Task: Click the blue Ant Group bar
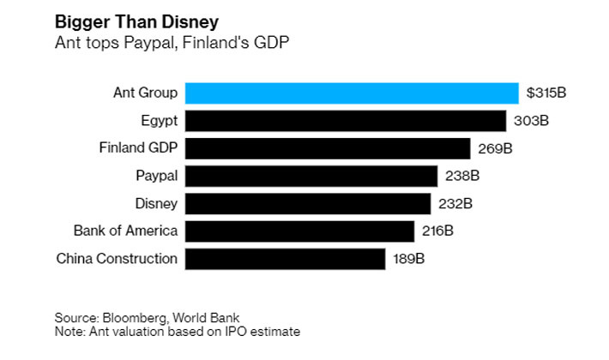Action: [352, 93]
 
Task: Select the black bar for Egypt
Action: [346, 120]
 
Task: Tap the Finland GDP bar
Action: [328, 147]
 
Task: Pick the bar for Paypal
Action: [311, 176]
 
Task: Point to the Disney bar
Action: [308, 203]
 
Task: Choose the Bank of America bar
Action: [300, 231]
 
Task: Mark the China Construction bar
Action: [285, 258]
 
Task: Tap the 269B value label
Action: [495, 148]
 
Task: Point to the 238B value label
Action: [461, 176]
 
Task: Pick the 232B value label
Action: [455, 203]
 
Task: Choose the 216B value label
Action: [437, 231]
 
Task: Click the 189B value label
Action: [408, 258]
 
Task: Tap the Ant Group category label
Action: [145, 93]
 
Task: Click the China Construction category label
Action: [117, 258]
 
